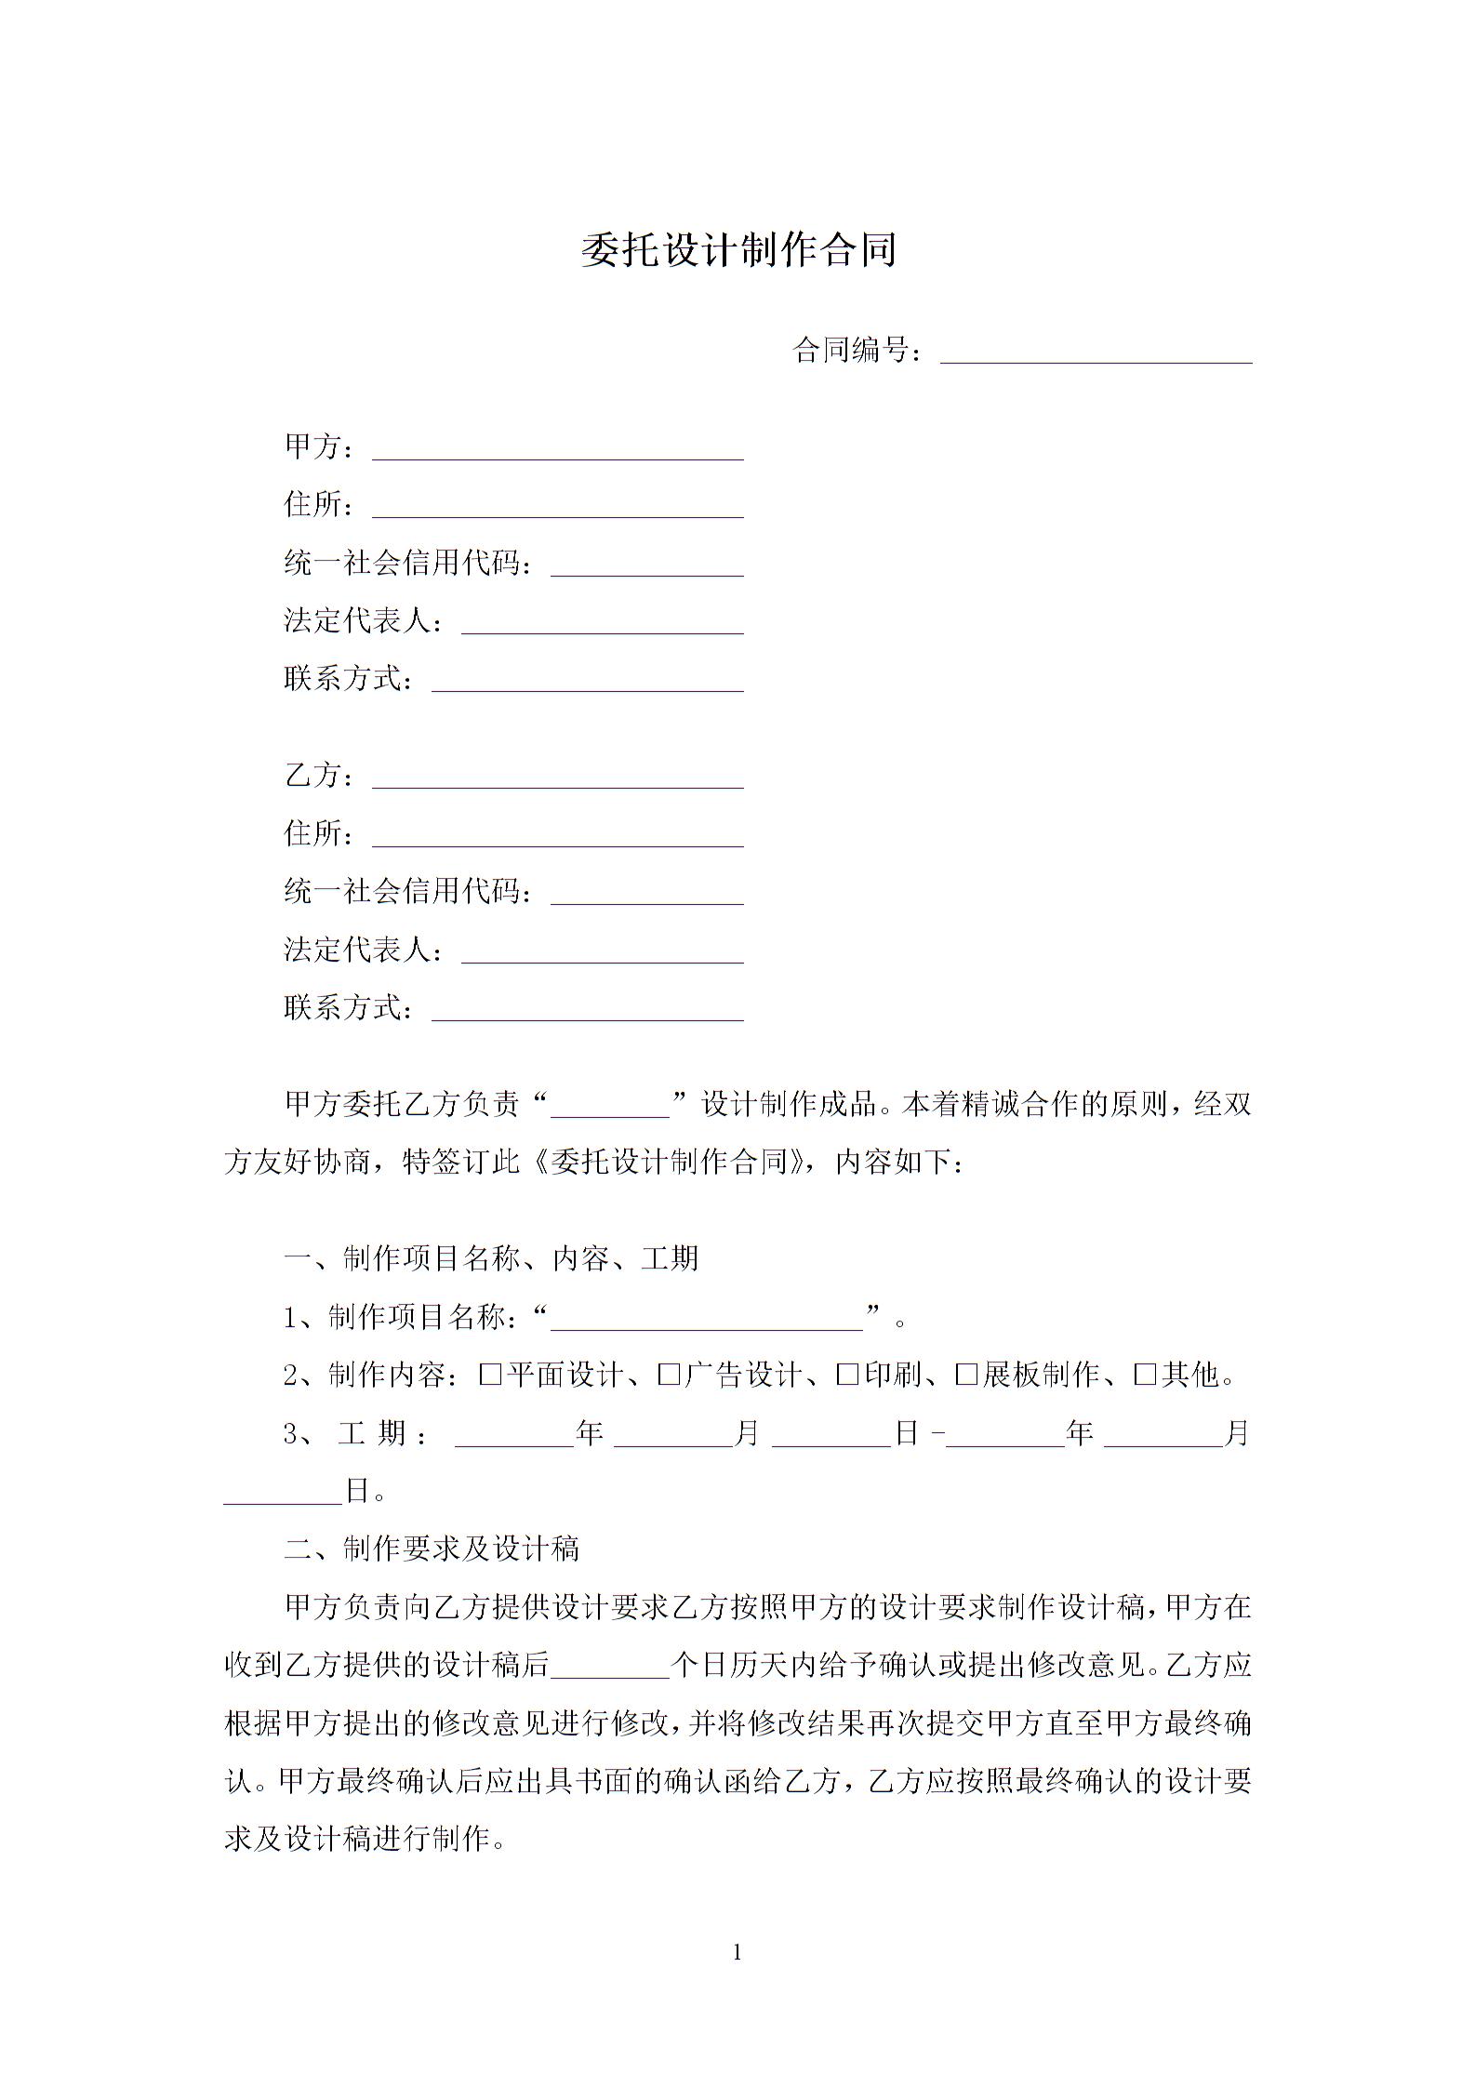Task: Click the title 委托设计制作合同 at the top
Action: click(x=737, y=250)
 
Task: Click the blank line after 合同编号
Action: click(x=1096, y=352)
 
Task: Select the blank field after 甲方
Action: click(x=558, y=448)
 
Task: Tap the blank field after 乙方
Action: click(x=558, y=777)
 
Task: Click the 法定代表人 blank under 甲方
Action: click(x=603, y=622)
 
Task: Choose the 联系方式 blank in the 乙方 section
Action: click(x=588, y=1009)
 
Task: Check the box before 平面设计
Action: click(x=490, y=1375)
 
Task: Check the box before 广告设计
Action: click(x=669, y=1375)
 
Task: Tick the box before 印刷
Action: click(x=847, y=1375)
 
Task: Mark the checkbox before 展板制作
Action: click(x=966, y=1375)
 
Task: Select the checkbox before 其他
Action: click(x=1145, y=1375)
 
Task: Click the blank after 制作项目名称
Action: click(x=707, y=1319)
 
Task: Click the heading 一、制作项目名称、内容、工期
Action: click(x=491, y=1259)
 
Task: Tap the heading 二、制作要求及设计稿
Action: click(x=432, y=1549)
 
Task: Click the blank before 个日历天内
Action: click(x=610, y=1666)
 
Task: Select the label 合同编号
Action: click(x=850, y=351)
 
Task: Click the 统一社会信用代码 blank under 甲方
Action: click(x=647, y=565)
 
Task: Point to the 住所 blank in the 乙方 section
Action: click(x=558, y=834)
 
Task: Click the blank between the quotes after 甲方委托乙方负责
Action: click(x=610, y=1105)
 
